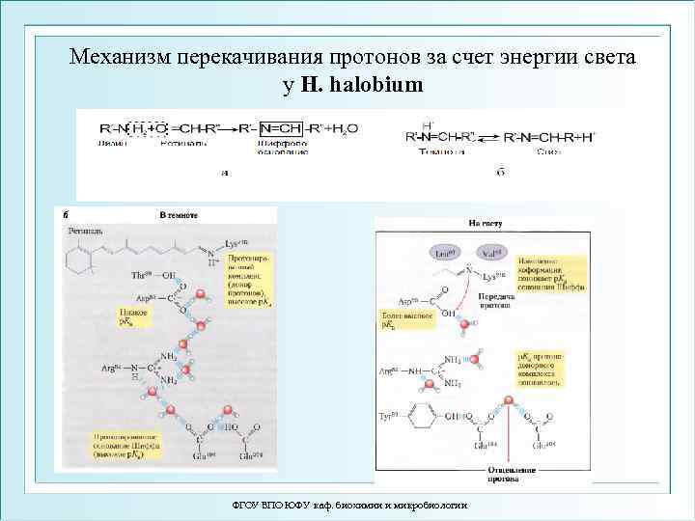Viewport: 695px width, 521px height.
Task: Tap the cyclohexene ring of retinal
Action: click(x=80, y=258)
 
